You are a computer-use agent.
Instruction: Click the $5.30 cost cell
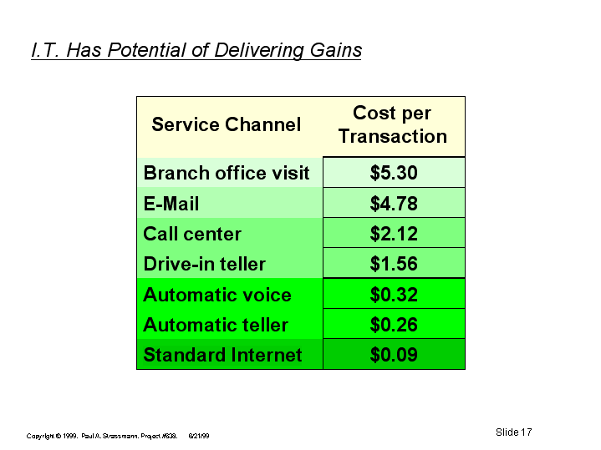click(394, 173)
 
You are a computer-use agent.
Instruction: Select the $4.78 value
click(394, 204)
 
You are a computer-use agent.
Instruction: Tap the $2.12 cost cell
click(394, 234)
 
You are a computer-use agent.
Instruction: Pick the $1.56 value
click(394, 264)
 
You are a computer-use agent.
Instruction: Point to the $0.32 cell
click(394, 295)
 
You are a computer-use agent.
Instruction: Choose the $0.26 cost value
click(394, 325)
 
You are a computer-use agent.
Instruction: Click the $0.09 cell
click(394, 355)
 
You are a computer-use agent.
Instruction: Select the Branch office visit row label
click(227, 173)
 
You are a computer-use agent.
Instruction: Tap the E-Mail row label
click(171, 204)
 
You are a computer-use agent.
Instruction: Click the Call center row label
click(192, 234)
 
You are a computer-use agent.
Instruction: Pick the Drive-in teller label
click(204, 264)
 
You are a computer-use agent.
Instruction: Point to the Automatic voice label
click(217, 295)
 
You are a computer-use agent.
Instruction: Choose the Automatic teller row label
click(216, 325)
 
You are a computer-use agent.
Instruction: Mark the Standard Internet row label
click(222, 355)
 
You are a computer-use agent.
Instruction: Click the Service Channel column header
click(227, 124)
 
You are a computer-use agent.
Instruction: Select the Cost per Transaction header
click(393, 124)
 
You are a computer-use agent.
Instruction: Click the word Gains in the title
click(336, 50)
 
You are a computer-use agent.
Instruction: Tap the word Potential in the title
click(146, 50)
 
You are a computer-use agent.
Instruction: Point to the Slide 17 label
click(513, 432)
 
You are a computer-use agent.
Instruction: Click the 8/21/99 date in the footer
click(199, 436)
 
